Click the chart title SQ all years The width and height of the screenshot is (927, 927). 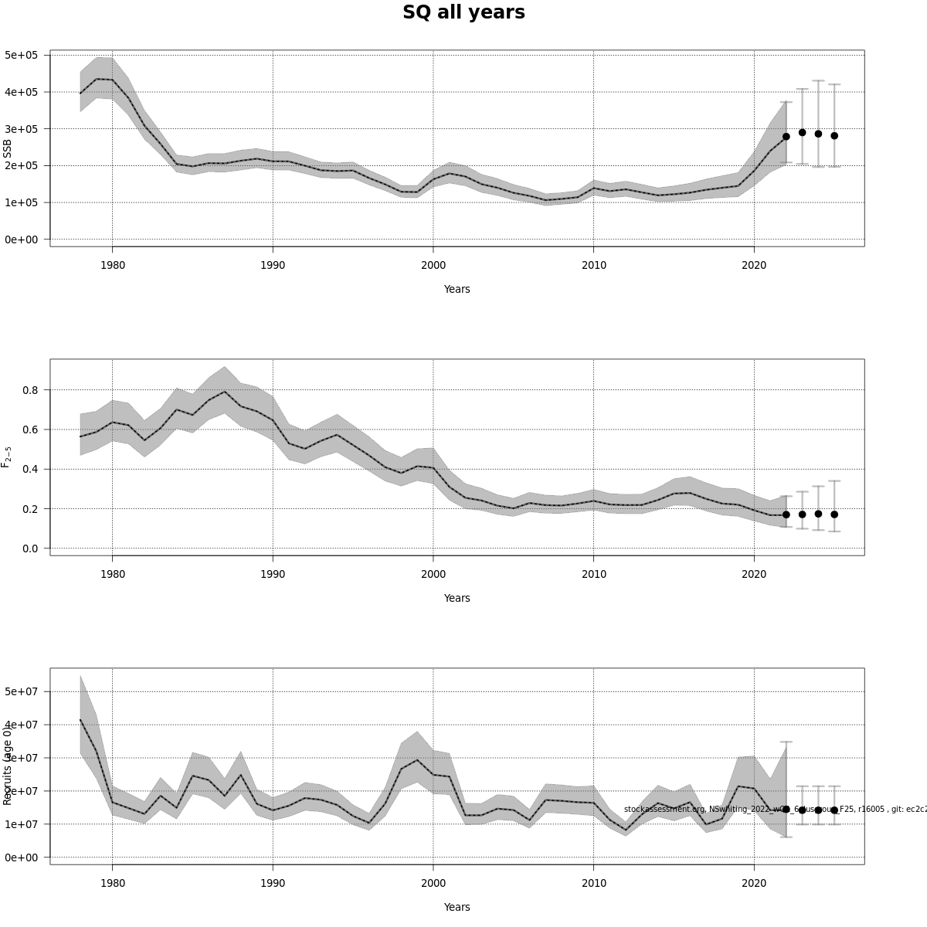pyautogui.click(x=463, y=12)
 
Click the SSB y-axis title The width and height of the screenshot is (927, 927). pyautogui.click(x=8, y=148)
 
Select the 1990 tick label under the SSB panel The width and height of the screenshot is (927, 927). pyautogui.click(x=273, y=265)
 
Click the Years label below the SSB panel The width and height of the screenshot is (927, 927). pyautogui.click(x=457, y=289)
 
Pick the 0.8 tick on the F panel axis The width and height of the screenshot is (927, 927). pyautogui.click(x=29, y=390)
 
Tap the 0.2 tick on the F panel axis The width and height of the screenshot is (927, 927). pyautogui.click(x=29, y=509)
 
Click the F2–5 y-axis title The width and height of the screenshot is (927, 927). pyautogui.click(x=7, y=457)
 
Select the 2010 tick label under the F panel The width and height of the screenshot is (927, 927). pyautogui.click(x=593, y=574)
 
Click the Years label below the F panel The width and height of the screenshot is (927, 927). pyautogui.click(x=457, y=598)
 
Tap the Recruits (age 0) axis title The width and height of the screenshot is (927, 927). pyautogui.click(x=8, y=765)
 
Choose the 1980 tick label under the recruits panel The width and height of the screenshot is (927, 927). pyautogui.click(x=112, y=883)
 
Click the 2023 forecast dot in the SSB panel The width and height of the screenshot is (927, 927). pyautogui.click(x=802, y=133)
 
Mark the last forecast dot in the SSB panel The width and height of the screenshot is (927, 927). pyautogui.click(x=834, y=136)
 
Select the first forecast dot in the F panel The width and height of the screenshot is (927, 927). pyautogui.click(x=786, y=514)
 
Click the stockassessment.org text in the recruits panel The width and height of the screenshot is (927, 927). pyautogui.click(x=664, y=809)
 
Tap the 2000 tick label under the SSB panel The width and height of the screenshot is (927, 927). pyautogui.click(x=433, y=265)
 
